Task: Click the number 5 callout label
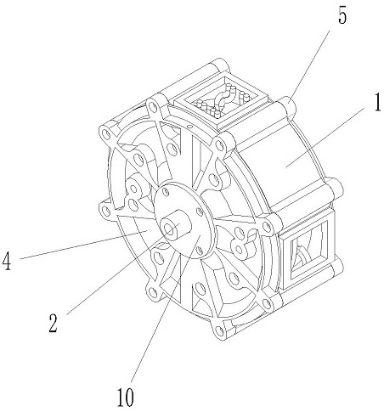(x=342, y=16)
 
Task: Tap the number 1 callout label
(x=377, y=103)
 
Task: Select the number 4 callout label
(x=7, y=261)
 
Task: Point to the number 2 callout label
(x=53, y=323)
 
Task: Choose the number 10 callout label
(x=126, y=397)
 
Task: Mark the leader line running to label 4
(x=84, y=245)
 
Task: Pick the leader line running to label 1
(x=325, y=136)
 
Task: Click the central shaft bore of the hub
(x=170, y=229)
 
